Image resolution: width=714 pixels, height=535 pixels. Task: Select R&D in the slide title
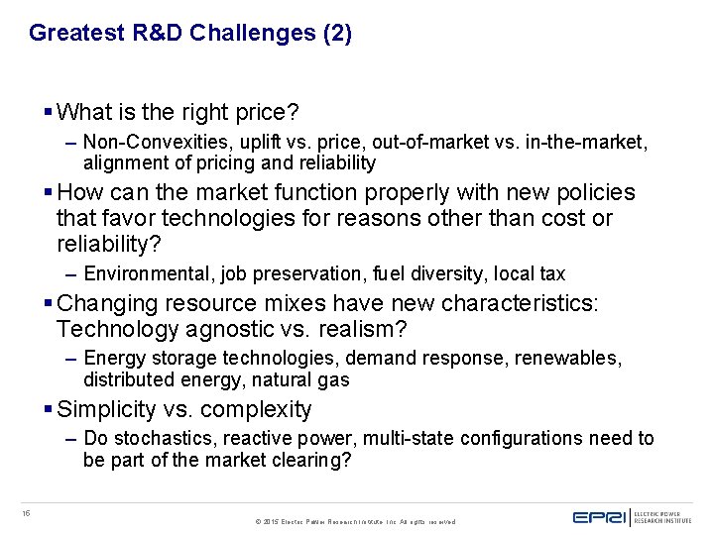(x=152, y=33)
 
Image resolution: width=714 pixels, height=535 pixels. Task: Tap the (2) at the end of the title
(x=337, y=33)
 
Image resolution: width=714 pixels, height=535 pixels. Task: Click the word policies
(x=590, y=192)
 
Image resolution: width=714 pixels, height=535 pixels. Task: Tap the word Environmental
(x=138, y=273)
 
